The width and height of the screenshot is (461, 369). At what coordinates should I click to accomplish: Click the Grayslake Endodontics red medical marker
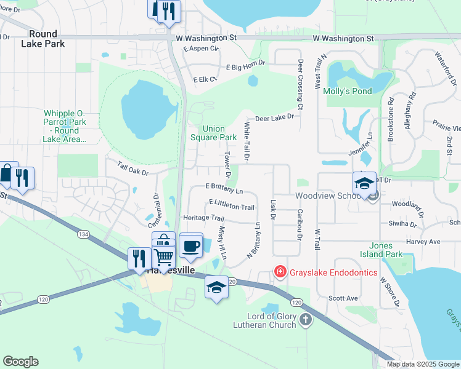point(280,272)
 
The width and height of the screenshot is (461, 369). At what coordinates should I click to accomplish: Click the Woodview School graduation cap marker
point(364,183)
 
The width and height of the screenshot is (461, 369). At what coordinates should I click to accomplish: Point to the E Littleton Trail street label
point(232,205)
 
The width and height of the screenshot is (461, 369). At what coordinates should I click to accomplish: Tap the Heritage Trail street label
point(203,218)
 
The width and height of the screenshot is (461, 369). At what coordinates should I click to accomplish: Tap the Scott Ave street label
point(343,298)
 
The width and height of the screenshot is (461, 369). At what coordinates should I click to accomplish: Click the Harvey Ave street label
point(423,242)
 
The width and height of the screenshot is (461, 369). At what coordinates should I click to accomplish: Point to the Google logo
point(20,362)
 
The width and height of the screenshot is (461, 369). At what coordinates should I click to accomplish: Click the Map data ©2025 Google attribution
point(422,364)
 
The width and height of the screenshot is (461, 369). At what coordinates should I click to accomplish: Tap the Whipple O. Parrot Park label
point(64,126)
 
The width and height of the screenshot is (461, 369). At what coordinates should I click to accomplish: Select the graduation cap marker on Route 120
point(216,288)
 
